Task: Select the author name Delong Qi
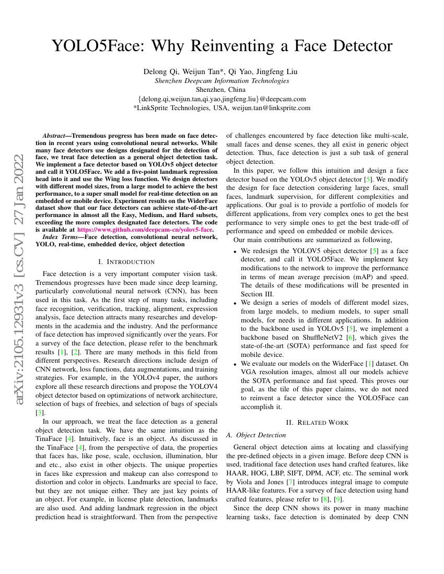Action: [x=158, y=71]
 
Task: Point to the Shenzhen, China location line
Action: [x=221, y=89]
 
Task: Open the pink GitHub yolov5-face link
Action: [x=145, y=229]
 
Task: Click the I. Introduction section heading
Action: [x=126, y=261]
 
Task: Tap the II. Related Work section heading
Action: [x=317, y=422]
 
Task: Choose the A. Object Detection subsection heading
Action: [x=256, y=435]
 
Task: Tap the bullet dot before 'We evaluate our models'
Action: [x=235, y=363]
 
